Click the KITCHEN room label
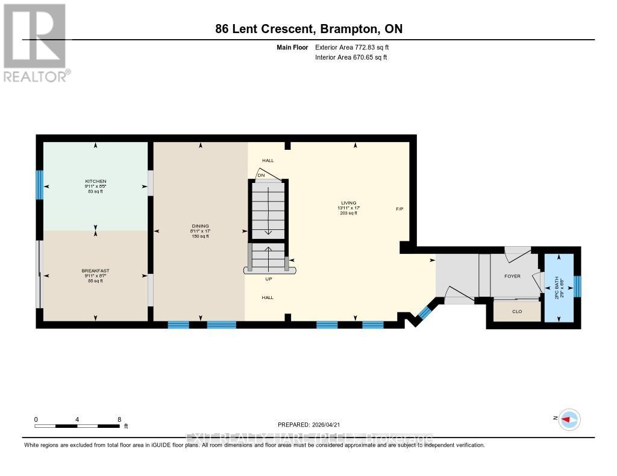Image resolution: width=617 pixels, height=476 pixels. click(95, 181)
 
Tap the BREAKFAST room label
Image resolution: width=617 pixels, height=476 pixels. click(95, 271)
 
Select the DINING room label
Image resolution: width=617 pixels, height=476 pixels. click(201, 226)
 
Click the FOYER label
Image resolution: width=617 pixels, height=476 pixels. click(512, 278)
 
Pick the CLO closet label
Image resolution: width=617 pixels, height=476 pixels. click(516, 312)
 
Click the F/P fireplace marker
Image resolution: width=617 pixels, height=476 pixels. click(399, 209)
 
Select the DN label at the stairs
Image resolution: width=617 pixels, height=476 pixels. click(262, 176)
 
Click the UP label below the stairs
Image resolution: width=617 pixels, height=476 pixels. click(269, 279)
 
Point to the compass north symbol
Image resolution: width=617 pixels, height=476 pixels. click(569, 419)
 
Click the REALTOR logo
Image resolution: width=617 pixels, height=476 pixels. click(36, 43)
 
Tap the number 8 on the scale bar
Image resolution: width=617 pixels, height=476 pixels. click(119, 419)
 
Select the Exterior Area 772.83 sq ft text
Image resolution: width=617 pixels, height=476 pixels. click(355, 48)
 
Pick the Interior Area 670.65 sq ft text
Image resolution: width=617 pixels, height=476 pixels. click(351, 58)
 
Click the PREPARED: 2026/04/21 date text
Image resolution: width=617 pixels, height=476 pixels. click(310, 424)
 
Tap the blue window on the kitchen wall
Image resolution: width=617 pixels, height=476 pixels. click(40, 185)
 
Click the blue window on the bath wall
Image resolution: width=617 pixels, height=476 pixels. click(577, 286)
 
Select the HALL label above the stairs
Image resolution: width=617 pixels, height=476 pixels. click(268, 161)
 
